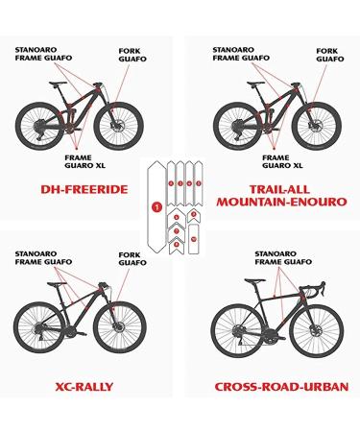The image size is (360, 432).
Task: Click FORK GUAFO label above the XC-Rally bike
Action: [x=131, y=257]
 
